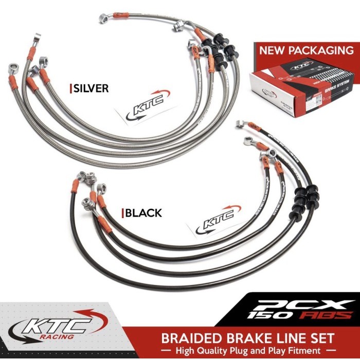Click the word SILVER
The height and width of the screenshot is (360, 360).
point(91,88)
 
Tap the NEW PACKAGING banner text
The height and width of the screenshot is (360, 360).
point(306,50)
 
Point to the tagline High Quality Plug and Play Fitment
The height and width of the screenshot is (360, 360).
point(248,351)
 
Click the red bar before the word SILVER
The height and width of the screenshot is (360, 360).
point(70,88)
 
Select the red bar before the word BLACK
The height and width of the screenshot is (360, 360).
point(122,213)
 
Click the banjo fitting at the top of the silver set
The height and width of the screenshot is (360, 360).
point(104,19)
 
